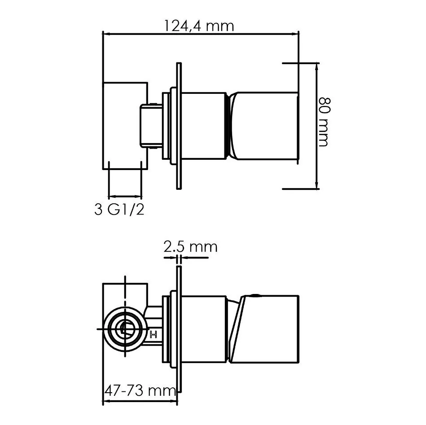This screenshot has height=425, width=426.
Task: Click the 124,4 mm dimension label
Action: [199, 26]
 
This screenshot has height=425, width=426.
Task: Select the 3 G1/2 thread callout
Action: [119, 210]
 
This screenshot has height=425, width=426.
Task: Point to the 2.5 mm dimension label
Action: [190, 247]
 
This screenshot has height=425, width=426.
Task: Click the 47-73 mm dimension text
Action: [140, 390]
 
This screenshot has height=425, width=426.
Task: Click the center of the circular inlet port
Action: [125, 329]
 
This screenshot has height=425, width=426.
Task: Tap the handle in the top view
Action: [264, 126]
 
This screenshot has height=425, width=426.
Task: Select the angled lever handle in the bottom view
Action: [264, 329]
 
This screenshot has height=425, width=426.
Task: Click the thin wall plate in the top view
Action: [179, 126]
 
